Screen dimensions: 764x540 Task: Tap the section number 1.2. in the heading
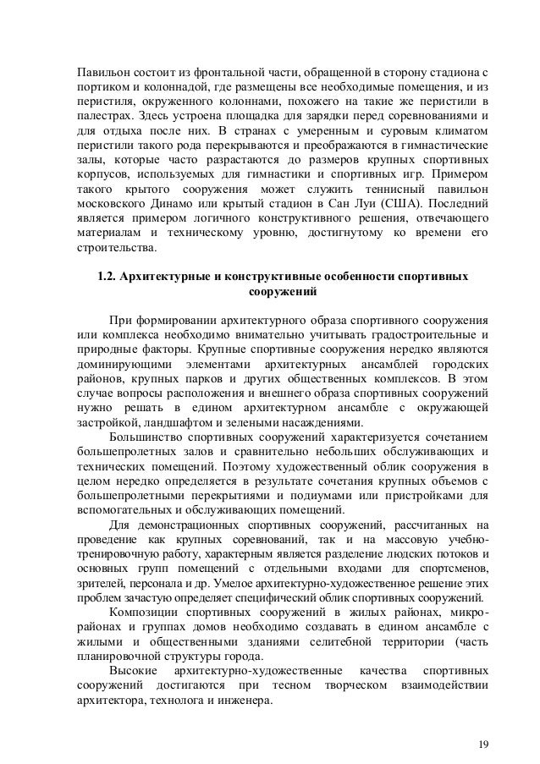112,276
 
